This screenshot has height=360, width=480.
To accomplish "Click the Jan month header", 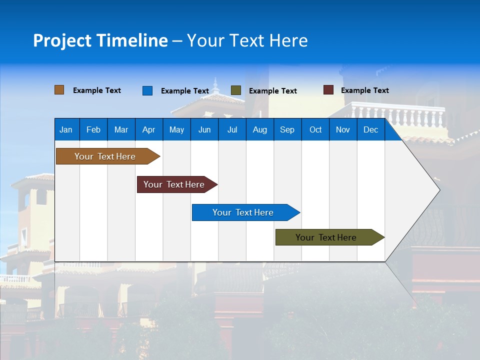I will (x=66, y=129).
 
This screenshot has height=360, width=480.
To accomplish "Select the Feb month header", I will (x=93, y=129).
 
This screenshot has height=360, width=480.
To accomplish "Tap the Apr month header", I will (x=148, y=129).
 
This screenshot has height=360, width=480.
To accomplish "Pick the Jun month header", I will (x=204, y=129).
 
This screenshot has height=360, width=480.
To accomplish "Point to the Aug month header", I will (x=259, y=129).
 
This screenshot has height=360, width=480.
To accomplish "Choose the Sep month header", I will (x=287, y=129).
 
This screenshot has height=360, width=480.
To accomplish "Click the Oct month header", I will (x=315, y=129).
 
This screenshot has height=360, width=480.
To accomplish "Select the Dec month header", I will (x=370, y=129).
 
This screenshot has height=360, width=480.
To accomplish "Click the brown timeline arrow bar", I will (x=105, y=156).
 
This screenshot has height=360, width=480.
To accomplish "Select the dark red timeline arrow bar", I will (x=174, y=184).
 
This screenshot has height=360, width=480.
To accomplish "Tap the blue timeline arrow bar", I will (x=243, y=212).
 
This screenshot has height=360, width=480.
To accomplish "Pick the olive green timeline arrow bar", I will (x=326, y=237).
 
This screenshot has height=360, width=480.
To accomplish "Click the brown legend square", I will (x=59, y=90).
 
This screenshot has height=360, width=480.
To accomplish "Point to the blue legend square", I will (x=147, y=90).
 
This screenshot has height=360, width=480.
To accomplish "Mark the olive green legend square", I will (x=236, y=90).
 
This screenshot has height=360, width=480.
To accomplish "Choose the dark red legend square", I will (x=328, y=90).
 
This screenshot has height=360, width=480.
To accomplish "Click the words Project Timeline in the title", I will (x=100, y=40).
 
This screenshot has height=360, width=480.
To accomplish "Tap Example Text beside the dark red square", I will (x=364, y=90).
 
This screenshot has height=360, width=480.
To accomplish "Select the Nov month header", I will (x=343, y=129).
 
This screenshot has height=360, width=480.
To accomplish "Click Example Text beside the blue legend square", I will (x=184, y=91).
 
